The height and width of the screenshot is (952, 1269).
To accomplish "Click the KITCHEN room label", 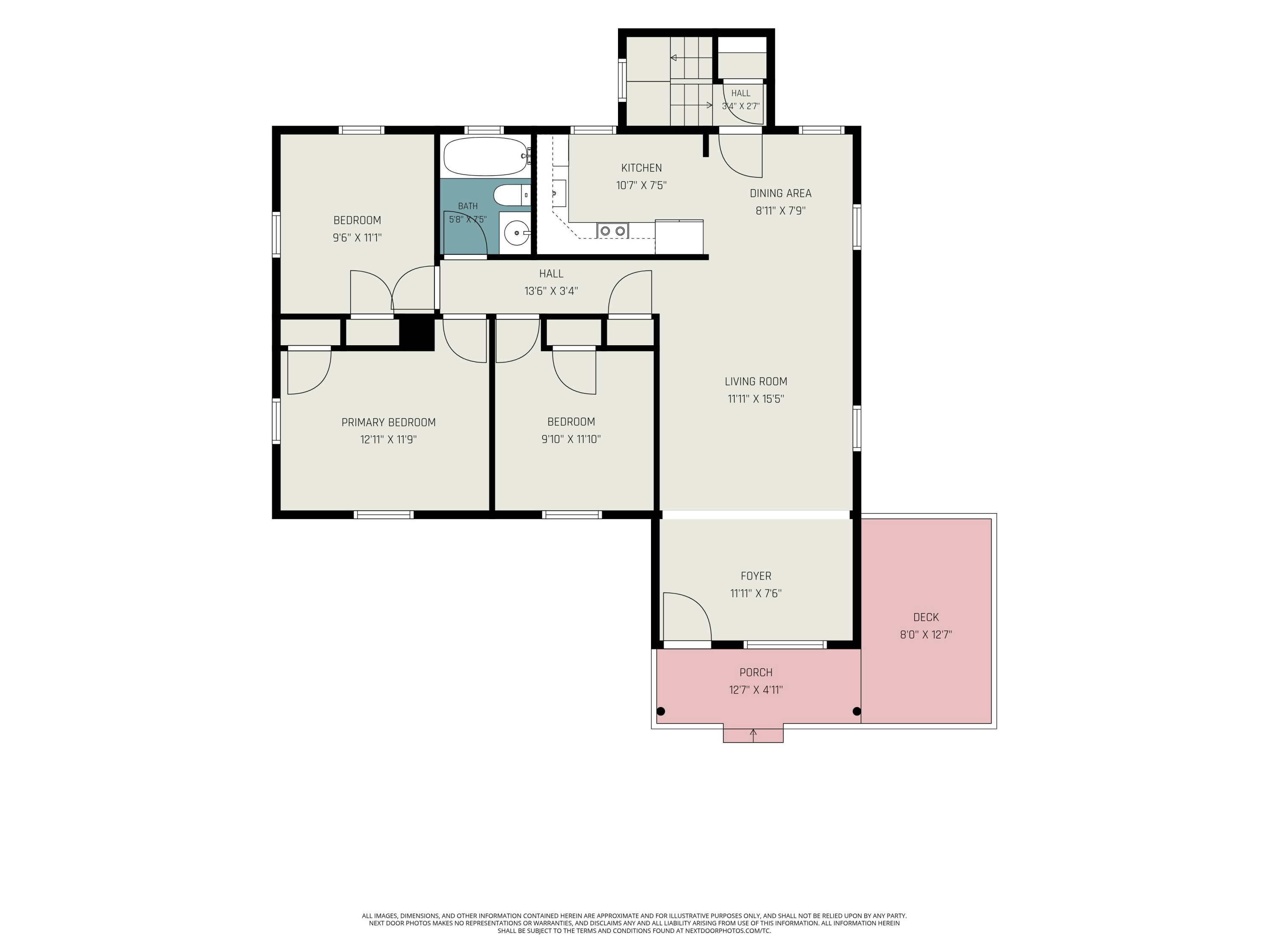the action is pyautogui.click(x=641, y=168).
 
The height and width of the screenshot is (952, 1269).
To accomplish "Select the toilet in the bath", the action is pyautogui.click(x=512, y=195).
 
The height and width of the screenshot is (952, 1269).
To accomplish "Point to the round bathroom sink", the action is pyautogui.click(x=517, y=233).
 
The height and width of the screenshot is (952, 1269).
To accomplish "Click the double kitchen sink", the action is pyautogui.click(x=613, y=231).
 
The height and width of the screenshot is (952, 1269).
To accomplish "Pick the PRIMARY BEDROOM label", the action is pyautogui.click(x=388, y=422).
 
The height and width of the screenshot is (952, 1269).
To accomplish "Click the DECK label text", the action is pyautogui.click(x=926, y=617).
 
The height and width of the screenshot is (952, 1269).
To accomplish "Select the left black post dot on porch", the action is pyautogui.click(x=661, y=712).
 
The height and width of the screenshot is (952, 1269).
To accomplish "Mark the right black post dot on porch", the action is pyautogui.click(x=857, y=712).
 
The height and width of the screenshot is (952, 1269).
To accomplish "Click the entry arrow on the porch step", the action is pyautogui.click(x=753, y=735).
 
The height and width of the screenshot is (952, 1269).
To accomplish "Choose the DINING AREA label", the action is pyautogui.click(x=781, y=193).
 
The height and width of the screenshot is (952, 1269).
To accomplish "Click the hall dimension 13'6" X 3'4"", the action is pyautogui.click(x=551, y=291).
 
